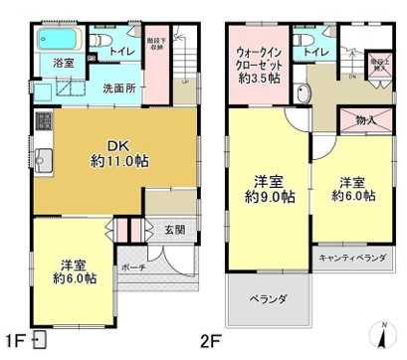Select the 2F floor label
point(210,342)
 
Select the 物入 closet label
point(364,120)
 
